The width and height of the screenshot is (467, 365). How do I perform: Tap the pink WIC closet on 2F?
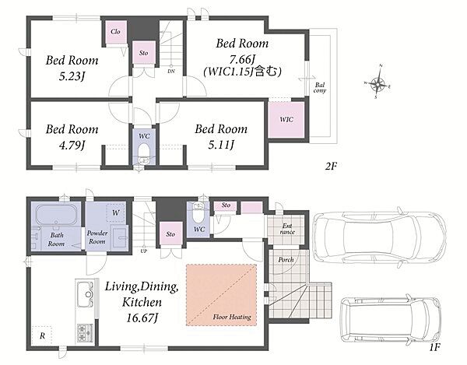pyautogui.click(x=286, y=120)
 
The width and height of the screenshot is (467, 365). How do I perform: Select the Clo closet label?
pyautogui.click(x=115, y=32)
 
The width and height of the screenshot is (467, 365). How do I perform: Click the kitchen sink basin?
pyautogui.click(x=86, y=294)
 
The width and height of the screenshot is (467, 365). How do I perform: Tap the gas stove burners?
pyautogui.click(x=85, y=332)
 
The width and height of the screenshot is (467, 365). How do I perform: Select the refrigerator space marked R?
pyautogui.click(x=42, y=336)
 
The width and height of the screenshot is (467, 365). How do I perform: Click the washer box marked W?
pyautogui.click(x=115, y=212)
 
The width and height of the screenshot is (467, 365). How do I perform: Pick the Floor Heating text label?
pyautogui.click(x=232, y=317)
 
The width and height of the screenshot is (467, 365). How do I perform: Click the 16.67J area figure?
pyautogui.click(x=142, y=318)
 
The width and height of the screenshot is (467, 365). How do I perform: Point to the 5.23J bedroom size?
pyautogui.click(x=72, y=77)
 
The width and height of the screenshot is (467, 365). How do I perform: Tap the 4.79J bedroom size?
pyautogui.click(x=72, y=146)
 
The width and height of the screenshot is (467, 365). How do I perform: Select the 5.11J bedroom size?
pyautogui.click(x=221, y=145)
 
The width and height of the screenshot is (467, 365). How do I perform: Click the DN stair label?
pyautogui.click(x=171, y=71)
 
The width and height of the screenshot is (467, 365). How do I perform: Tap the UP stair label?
pyautogui.click(x=143, y=251)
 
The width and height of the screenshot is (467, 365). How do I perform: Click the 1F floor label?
pyautogui.click(x=434, y=347)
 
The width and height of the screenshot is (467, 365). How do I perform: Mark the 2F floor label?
pyautogui.click(x=331, y=166)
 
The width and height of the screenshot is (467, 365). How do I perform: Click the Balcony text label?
pyautogui.click(x=320, y=88)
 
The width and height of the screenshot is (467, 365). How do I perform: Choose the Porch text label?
pyautogui.click(x=286, y=260)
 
